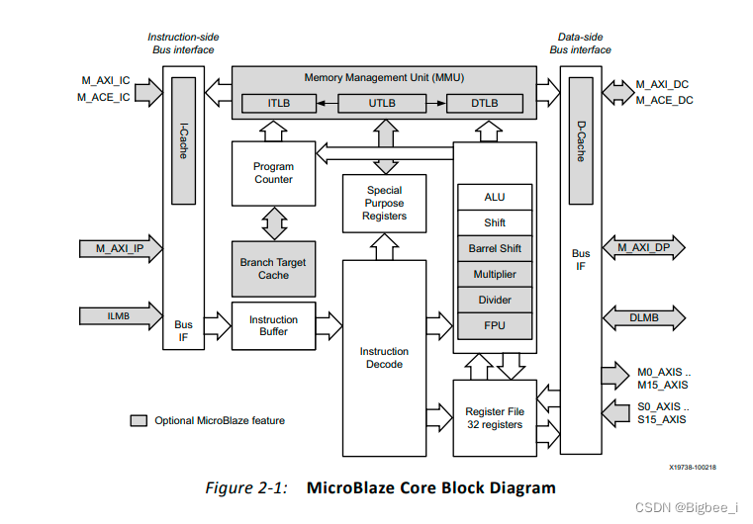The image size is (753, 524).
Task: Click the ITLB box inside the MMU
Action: [279, 103]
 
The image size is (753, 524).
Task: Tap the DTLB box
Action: [484, 103]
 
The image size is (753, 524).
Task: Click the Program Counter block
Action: [273, 173]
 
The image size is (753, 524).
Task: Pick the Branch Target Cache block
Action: [273, 268]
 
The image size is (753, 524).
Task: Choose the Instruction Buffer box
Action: [273, 325]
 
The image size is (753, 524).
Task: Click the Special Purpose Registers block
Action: [384, 203]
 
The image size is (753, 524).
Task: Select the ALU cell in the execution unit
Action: [494, 197]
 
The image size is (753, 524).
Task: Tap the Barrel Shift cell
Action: [494, 248]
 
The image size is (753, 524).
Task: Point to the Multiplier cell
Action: [494, 274]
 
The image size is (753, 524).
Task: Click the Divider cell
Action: [494, 300]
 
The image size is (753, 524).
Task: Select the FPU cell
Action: [494, 325]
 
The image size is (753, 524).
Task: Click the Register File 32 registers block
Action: [494, 417]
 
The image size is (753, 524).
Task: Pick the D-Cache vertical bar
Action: [581, 142]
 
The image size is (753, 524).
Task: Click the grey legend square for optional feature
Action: [139, 420]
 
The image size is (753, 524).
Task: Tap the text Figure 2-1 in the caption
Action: [245, 487]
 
